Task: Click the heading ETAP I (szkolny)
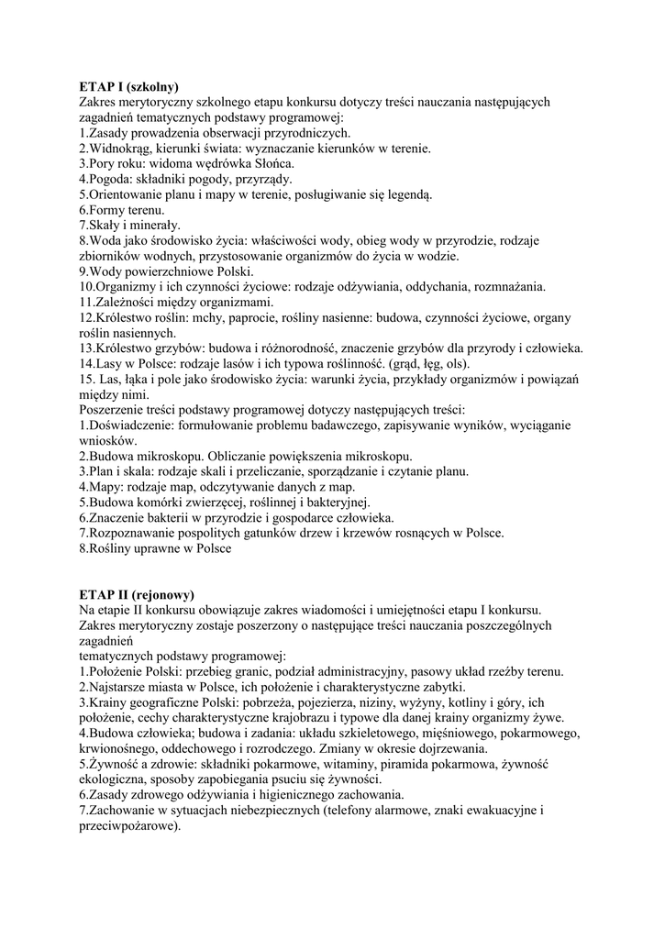pyautogui.click(x=128, y=87)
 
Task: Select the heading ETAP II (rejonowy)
pyautogui.click(x=137, y=594)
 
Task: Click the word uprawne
pyautogui.click(x=155, y=549)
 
